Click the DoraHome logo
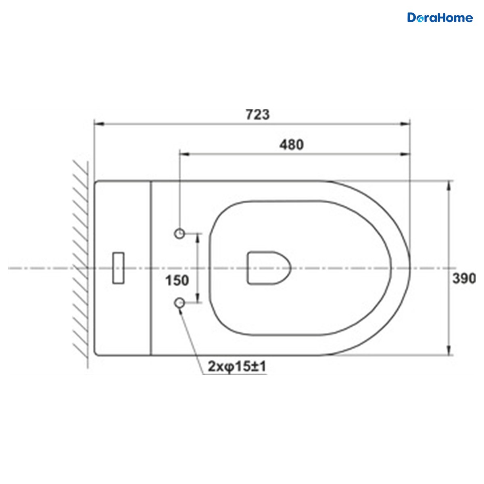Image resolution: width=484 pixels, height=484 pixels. click(x=440, y=18)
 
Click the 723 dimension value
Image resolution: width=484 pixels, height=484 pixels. click(x=257, y=114)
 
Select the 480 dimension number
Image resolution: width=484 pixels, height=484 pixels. click(x=292, y=145)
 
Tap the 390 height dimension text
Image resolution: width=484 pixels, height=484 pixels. click(x=464, y=279)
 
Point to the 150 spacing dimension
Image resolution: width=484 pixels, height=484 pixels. click(x=177, y=281)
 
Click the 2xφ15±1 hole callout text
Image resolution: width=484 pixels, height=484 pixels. click(x=237, y=367)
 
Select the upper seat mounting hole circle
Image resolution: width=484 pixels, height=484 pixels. click(x=179, y=234)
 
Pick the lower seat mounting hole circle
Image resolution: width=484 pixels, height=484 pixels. click(x=179, y=303)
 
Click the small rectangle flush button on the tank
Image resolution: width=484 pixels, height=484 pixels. click(x=118, y=268)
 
